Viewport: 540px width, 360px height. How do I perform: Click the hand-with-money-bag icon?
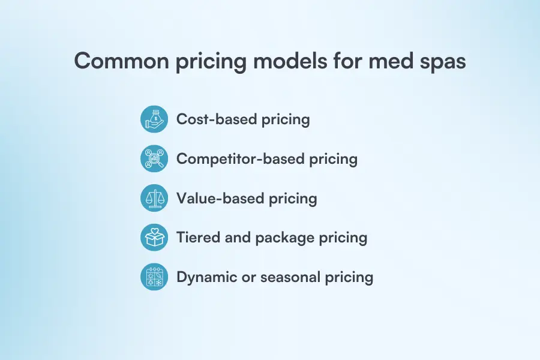154,119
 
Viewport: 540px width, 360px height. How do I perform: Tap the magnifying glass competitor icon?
154,158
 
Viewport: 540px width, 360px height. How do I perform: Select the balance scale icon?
154,198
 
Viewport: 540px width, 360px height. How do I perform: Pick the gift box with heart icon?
154,238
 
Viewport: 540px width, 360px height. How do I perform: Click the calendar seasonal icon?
154,277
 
